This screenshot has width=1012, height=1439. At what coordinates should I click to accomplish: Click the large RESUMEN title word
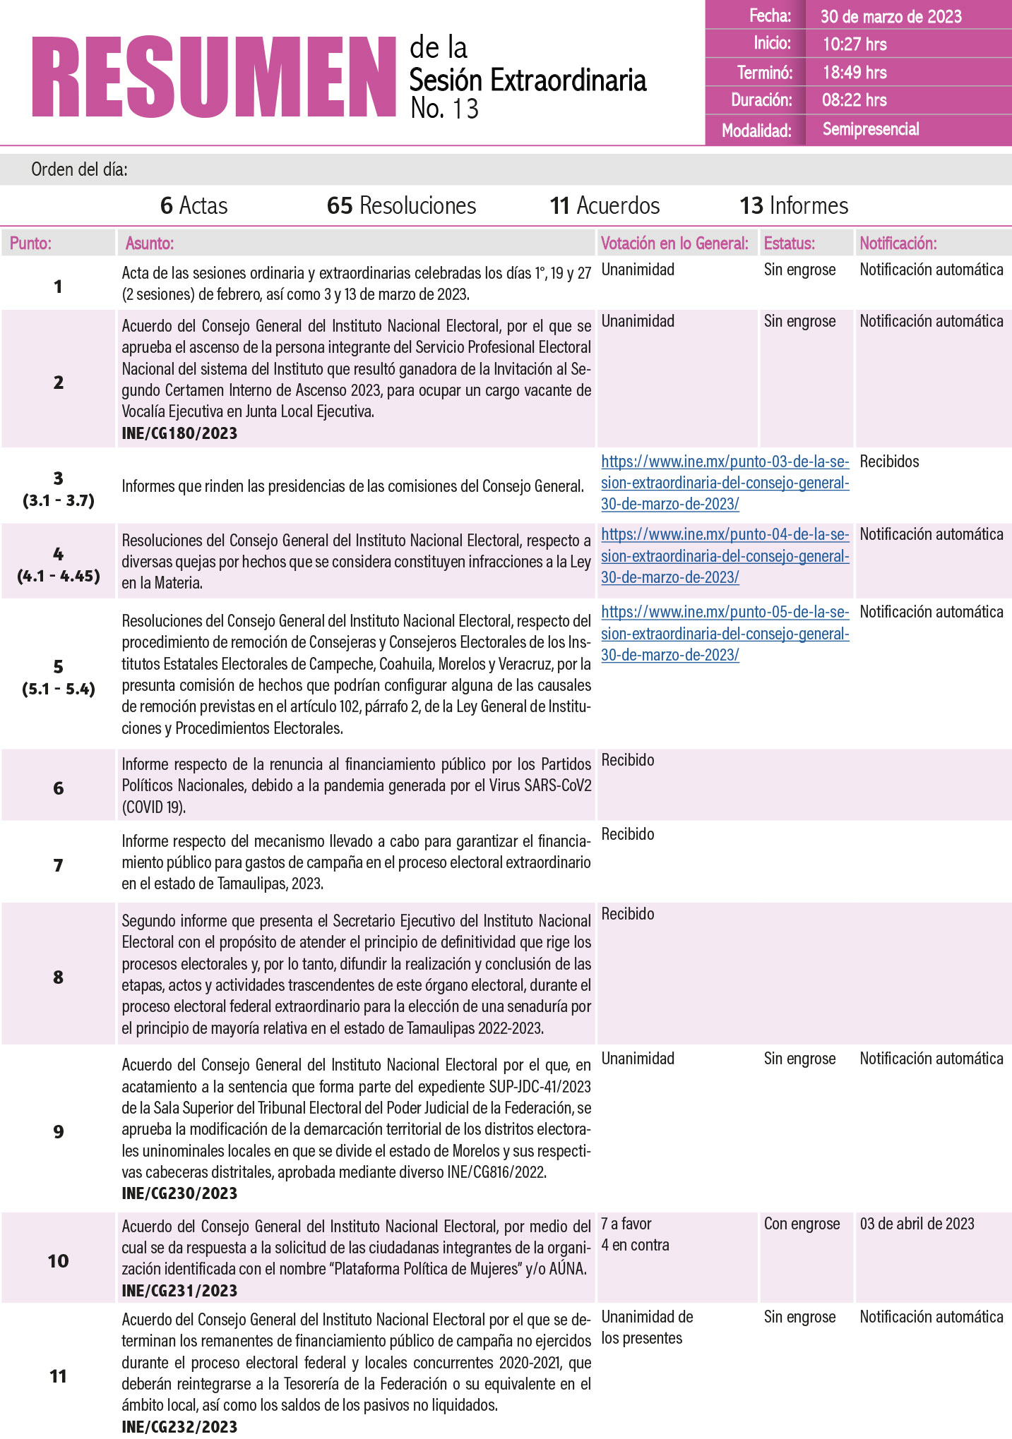point(213,77)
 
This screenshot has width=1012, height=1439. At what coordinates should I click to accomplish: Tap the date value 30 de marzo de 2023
point(891,16)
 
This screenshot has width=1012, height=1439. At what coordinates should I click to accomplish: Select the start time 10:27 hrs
point(855,44)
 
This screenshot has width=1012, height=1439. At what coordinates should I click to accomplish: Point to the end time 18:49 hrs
point(855,72)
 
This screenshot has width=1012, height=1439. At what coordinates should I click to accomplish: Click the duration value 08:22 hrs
point(854,100)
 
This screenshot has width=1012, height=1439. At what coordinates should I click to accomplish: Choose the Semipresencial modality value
point(871,129)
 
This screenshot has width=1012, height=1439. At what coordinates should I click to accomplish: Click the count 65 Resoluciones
point(401,205)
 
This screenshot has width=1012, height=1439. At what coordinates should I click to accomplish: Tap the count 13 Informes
point(794,205)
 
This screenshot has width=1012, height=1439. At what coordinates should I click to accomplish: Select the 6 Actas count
point(194,205)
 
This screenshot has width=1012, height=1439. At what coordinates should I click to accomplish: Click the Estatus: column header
point(789,243)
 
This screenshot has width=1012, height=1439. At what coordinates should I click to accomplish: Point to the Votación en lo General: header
point(674,243)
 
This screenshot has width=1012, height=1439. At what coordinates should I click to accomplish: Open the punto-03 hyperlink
point(725,483)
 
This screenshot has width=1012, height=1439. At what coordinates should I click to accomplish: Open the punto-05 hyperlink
point(725,634)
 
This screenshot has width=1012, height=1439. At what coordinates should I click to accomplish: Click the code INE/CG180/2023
point(179,433)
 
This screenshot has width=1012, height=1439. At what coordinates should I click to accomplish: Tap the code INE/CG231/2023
point(179,1291)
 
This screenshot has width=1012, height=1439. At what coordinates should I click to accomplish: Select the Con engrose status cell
point(802,1224)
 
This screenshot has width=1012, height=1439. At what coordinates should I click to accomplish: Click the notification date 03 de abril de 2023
point(917,1224)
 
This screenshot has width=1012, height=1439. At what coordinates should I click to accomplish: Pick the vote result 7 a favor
point(626,1224)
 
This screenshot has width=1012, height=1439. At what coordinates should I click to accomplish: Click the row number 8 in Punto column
point(59,977)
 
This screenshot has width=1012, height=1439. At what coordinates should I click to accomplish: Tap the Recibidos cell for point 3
point(889,462)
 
